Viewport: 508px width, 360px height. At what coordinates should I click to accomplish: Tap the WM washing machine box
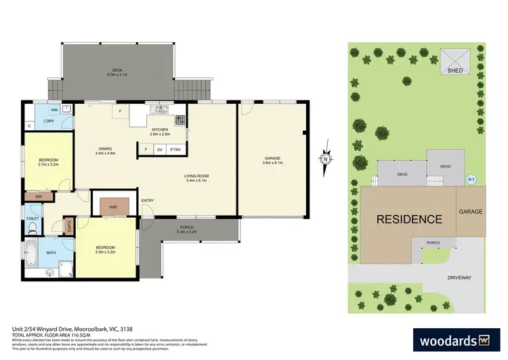pyautogui.click(x=54, y=109)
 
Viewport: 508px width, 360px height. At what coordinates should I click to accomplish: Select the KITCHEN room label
pyautogui.click(x=159, y=129)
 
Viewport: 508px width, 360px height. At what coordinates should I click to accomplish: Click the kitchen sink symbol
pyautogui.click(x=160, y=109)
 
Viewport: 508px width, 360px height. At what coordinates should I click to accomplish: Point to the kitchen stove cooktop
pyautogui.click(x=180, y=121)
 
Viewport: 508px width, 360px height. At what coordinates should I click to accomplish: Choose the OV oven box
pyautogui.click(x=160, y=149)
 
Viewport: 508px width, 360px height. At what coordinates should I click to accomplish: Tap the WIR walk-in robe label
pyautogui.click(x=112, y=206)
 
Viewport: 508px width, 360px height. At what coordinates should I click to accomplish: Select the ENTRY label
pyautogui.click(x=147, y=201)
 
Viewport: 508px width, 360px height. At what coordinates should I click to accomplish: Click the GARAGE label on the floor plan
pyautogui.click(x=273, y=160)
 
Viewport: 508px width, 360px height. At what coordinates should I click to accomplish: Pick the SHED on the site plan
pyautogui.click(x=453, y=60)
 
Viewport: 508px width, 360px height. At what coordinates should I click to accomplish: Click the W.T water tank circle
pyautogui.click(x=471, y=179)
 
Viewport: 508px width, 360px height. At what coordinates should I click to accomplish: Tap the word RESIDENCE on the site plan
pyautogui.click(x=409, y=219)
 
